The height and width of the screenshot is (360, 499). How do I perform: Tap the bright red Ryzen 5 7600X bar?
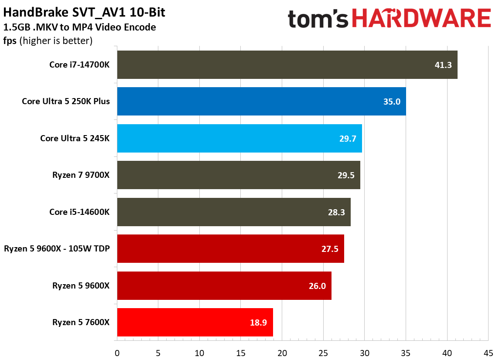pyautogui.click(x=195, y=323)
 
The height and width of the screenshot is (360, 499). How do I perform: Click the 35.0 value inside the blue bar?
pyautogui.click(x=391, y=102)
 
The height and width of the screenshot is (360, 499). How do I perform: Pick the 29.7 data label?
pyautogui.click(x=347, y=139)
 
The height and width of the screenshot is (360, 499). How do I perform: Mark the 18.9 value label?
pyautogui.click(x=258, y=323)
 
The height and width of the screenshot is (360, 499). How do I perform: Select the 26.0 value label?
pyautogui.click(x=317, y=286)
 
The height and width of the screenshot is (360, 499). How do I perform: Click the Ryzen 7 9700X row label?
pyautogui.click(x=81, y=175)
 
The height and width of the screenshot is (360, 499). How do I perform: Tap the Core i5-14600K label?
pyautogui.click(x=80, y=212)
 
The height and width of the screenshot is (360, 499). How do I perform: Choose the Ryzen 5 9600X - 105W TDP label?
pyautogui.click(x=57, y=249)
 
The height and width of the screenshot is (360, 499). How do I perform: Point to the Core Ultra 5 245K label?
pyautogui.click(x=75, y=138)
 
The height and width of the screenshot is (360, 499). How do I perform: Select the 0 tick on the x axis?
pyautogui.click(x=117, y=352)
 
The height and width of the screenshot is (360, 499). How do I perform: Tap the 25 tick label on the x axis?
pyautogui.click(x=323, y=352)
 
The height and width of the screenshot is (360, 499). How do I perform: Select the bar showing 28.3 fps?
pyautogui.click(x=234, y=212)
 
